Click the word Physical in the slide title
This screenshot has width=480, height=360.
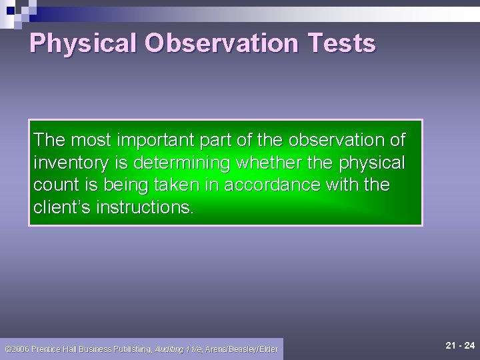click(83, 43)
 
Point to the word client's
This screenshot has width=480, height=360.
click(62, 207)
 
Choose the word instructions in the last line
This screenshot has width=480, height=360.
click(144, 207)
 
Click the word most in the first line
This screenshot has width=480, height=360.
click(90, 140)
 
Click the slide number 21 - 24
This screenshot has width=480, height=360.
click(460, 345)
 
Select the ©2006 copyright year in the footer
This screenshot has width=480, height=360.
click(17, 349)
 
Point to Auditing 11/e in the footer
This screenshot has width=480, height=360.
click(178, 349)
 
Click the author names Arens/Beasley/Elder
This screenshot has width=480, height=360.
click(241, 349)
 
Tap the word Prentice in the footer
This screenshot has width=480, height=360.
click(49, 349)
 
